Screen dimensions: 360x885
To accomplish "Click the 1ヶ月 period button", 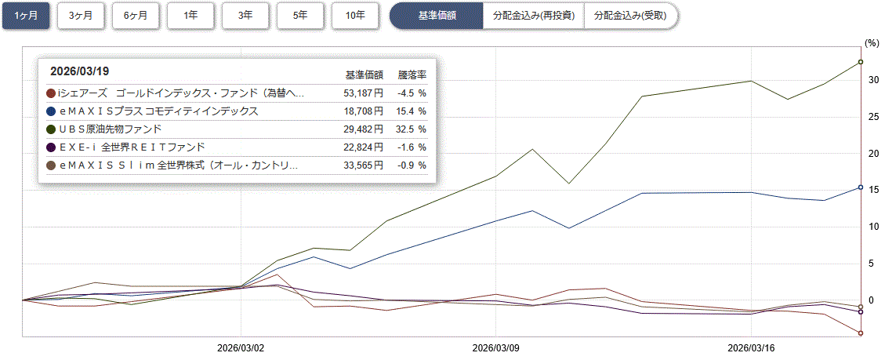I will click(26, 16).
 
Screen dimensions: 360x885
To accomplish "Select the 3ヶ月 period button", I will click(82, 16).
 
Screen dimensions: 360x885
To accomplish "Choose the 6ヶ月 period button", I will click(136, 16).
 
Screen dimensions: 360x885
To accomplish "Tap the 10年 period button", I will click(356, 16).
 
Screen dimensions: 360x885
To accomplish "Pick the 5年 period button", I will click(301, 16).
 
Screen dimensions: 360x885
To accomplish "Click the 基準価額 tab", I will click(437, 16).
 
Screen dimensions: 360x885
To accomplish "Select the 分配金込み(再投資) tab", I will click(533, 16).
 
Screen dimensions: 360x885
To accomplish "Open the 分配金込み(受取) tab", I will click(630, 16).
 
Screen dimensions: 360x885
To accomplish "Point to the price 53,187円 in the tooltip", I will click(364, 93).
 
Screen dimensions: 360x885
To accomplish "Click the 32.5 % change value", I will click(411, 129).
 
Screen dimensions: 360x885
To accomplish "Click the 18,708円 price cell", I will click(364, 111).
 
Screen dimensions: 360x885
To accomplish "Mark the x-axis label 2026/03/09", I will click(496, 347).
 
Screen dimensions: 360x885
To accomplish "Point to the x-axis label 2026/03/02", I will click(241, 347).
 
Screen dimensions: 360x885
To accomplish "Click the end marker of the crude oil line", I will click(861, 62).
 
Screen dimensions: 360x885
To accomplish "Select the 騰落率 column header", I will click(412, 75).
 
